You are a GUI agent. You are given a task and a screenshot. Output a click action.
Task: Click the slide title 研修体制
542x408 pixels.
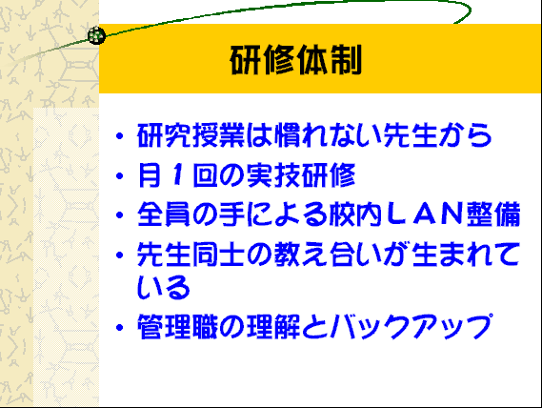point(296,60)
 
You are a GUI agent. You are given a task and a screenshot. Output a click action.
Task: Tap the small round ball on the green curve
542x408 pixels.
point(96,35)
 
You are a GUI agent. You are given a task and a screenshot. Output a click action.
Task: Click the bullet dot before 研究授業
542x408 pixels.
point(120,136)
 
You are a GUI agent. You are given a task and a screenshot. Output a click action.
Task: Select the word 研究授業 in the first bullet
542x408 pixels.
point(191,135)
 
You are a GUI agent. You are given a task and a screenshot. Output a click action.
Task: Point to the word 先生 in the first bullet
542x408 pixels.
point(410,135)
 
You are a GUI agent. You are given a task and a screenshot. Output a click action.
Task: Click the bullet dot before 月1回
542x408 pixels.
point(120,176)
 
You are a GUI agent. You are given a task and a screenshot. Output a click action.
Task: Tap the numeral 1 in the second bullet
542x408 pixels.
point(177,174)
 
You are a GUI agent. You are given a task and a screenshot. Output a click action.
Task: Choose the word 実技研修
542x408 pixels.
point(301,175)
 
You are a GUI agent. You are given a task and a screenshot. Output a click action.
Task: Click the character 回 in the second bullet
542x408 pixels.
point(206,175)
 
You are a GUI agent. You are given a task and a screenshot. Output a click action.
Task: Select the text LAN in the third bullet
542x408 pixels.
point(425,214)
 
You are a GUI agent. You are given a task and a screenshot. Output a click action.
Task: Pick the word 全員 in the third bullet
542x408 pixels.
point(164,214)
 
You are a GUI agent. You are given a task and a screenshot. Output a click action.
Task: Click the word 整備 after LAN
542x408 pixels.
point(493,214)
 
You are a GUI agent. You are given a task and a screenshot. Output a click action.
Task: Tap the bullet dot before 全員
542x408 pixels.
point(120,215)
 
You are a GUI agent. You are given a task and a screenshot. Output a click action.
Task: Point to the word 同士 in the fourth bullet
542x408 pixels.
point(218,255)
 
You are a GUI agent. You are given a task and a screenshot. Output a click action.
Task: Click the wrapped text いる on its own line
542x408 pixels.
point(164,287)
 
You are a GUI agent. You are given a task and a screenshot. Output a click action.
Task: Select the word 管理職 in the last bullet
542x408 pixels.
point(178,326)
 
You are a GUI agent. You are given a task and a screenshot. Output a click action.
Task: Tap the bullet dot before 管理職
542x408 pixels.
point(120,327)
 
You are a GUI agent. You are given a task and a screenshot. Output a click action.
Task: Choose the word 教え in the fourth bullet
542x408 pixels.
point(301,255)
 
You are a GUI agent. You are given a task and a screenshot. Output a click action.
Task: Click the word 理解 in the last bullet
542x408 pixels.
point(273,326)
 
